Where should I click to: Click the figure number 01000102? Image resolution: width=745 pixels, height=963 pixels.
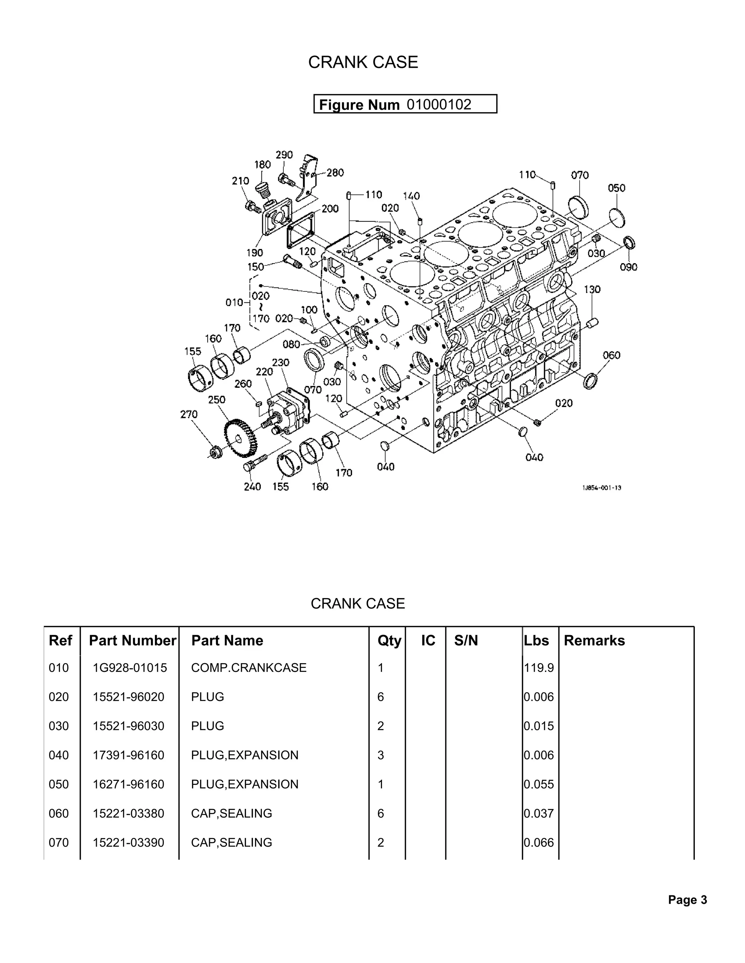click(439, 105)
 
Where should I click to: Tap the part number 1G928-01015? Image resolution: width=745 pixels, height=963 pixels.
click(130, 668)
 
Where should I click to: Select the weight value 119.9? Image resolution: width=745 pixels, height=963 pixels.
click(538, 668)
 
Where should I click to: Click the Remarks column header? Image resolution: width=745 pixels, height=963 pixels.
click(594, 640)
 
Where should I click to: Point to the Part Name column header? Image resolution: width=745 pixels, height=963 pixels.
click(227, 640)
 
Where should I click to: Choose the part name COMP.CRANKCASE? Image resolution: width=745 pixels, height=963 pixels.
click(248, 668)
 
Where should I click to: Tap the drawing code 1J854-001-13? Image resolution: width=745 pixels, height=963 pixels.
click(602, 488)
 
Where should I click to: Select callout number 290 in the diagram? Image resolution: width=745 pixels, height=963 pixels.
click(284, 155)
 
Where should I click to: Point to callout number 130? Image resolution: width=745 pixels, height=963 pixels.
click(592, 289)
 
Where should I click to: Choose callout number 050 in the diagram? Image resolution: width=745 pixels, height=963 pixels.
click(617, 188)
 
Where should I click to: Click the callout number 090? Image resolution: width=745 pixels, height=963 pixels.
click(629, 267)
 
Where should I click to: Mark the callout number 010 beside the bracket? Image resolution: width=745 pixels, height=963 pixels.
click(234, 302)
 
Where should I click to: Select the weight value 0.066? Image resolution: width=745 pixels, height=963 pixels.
click(538, 842)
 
